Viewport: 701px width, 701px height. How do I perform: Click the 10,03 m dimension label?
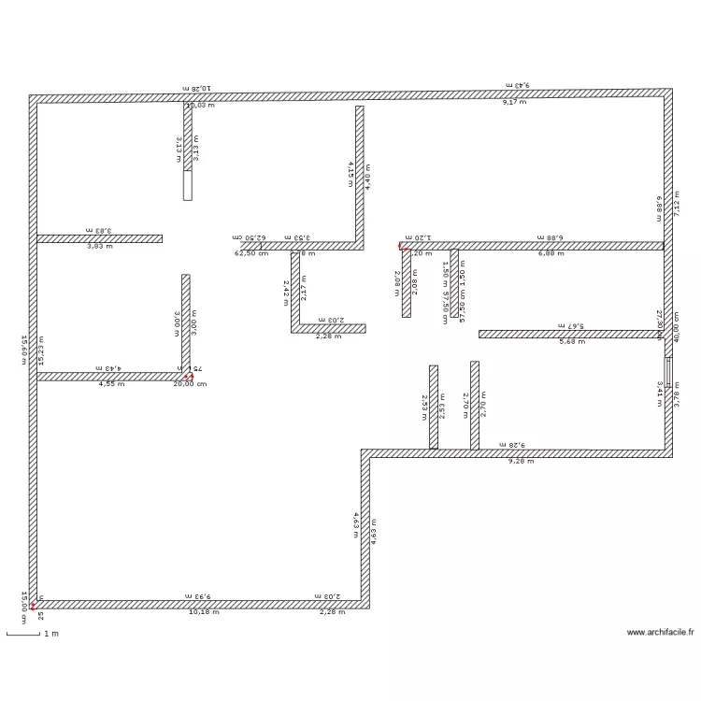point(200,106)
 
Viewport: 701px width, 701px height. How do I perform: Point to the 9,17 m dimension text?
point(514,101)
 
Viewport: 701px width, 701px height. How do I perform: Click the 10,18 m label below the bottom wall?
point(205,612)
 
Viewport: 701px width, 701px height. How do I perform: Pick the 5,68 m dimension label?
point(571,341)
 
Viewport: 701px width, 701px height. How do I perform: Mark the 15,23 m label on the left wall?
point(41,350)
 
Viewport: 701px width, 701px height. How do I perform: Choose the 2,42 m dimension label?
point(286,292)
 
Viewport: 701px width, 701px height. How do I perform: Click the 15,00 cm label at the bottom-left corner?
point(25,600)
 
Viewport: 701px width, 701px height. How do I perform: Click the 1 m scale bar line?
point(23,636)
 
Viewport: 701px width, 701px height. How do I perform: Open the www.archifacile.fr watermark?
point(661,632)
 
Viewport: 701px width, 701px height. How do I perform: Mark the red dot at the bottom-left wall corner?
point(33,605)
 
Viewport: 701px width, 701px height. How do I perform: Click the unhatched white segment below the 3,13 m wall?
point(187,185)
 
